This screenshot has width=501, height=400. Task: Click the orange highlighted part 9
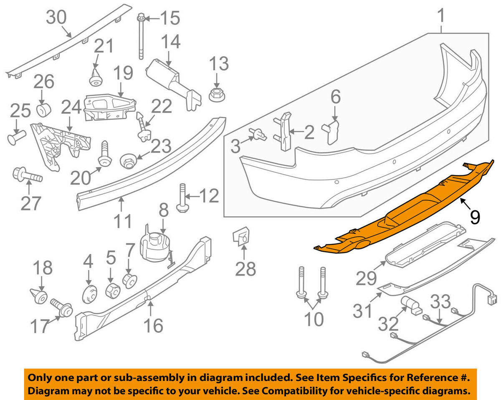pos(401,213)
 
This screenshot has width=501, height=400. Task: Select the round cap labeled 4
pos(89,293)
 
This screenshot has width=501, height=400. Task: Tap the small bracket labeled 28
pos(241,237)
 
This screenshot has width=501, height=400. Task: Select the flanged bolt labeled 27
pos(26,175)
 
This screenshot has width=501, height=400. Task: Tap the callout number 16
pos(153,325)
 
